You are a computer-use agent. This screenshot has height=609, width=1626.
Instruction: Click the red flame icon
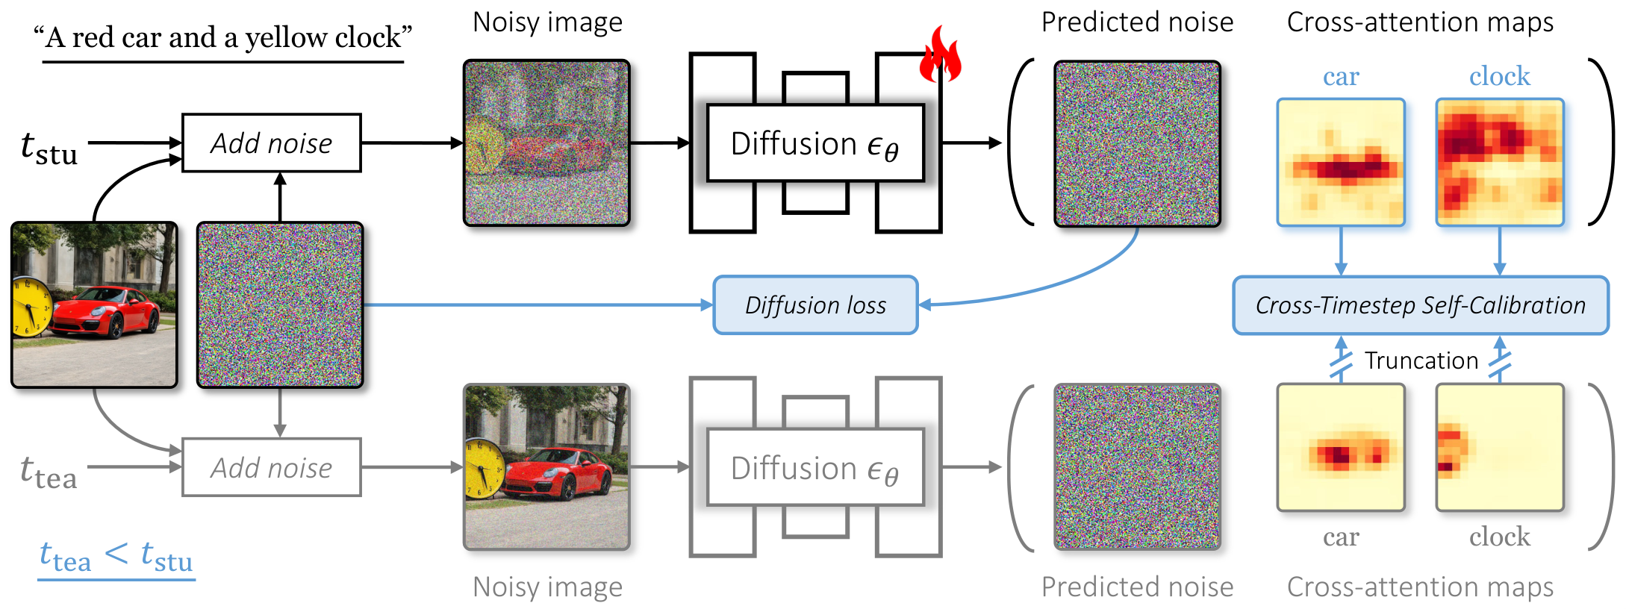(940, 55)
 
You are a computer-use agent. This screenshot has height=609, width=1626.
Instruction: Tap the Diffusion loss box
(815, 305)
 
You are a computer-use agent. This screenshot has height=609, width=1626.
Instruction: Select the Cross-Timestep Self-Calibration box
(1420, 305)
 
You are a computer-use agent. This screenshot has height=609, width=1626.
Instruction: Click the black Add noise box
(272, 143)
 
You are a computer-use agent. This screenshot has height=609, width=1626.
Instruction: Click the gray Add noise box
(272, 467)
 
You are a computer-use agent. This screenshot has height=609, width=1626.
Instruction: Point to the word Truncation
(1421, 360)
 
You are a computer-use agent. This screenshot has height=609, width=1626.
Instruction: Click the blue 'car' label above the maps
(1341, 76)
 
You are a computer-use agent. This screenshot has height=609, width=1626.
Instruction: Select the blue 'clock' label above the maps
(1499, 76)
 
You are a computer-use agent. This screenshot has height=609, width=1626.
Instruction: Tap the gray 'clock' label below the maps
(1499, 537)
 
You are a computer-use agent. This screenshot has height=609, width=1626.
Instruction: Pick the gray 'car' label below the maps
(1341, 537)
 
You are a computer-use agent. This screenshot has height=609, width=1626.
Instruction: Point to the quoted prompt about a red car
(223, 37)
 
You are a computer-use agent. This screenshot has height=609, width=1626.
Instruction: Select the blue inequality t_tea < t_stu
(116, 557)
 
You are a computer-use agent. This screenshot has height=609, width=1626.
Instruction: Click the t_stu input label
(49, 147)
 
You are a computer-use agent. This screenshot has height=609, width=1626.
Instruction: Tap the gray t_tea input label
(49, 472)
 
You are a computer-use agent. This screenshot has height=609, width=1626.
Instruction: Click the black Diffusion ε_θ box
(815, 143)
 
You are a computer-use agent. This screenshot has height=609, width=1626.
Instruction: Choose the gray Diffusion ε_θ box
(815, 468)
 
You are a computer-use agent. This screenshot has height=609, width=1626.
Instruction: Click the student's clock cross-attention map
(1499, 162)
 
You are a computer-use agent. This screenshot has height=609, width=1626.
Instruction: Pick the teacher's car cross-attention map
(1341, 448)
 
